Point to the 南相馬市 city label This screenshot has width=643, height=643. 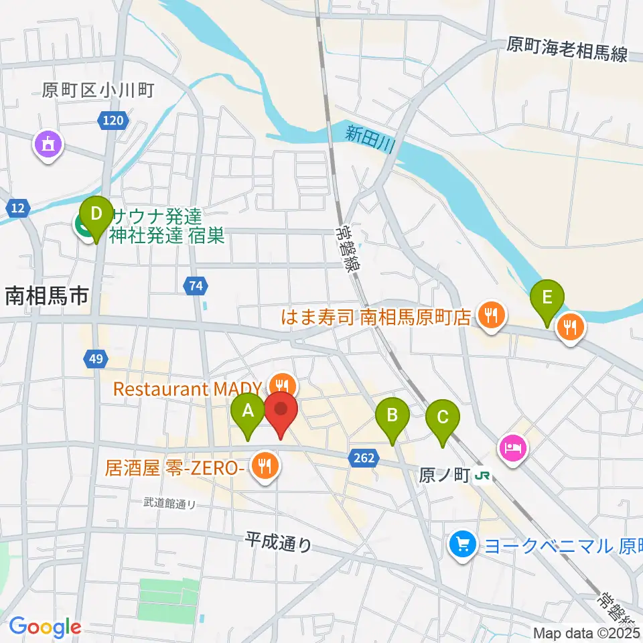[x=47, y=295]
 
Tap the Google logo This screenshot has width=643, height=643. [x=44, y=627]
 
